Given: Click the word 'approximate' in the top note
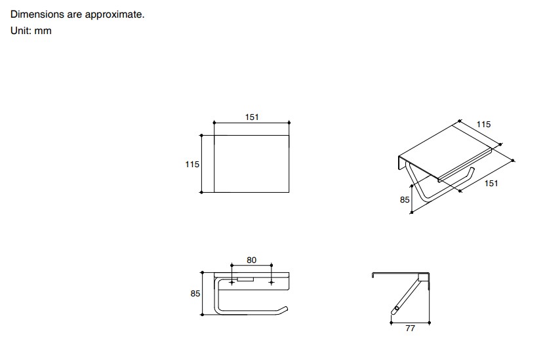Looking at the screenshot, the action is click(x=115, y=14).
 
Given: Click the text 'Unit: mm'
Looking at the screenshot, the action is click(x=31, y=30).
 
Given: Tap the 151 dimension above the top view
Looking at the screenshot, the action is click(x=252, y=117).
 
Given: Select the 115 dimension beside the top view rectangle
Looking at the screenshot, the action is click(x=192, y=164).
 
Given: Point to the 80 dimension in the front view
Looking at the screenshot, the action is click(x=251, y=260).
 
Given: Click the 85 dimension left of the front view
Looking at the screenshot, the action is click(x=195, y=294).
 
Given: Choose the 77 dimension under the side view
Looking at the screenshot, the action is click(x=410, y=328).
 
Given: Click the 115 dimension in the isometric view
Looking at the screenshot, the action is click(x=483, y=125).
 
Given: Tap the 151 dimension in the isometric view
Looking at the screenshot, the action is click(x=491, y=183).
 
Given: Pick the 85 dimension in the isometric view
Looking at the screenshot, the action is click(x=405, y=200).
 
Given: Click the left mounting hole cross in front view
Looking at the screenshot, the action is click(x=231, y=283).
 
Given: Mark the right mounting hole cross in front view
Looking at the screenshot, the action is click(x=271, y=283).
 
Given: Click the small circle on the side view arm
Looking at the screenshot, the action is click(x=397, y=308).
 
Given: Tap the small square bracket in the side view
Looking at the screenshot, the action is click(x=423, y=277).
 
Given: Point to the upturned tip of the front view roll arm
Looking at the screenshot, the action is click(x=285, y=308).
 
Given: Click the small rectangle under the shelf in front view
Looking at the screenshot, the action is click(x=245, y=279).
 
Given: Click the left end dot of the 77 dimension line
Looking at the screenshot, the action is click(x=392, y=323).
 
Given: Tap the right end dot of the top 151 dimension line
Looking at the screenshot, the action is click(x=289, y=123).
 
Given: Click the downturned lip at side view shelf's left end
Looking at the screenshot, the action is click(x=373, y=275).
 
